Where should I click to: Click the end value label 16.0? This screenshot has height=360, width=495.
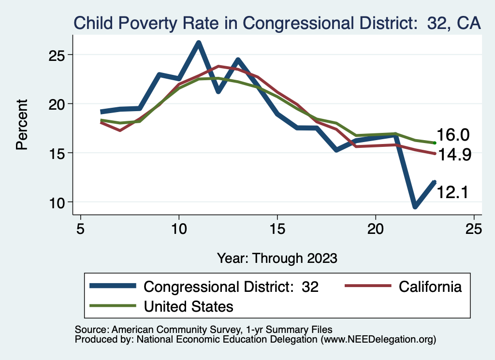453,135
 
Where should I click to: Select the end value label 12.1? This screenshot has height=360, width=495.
453,192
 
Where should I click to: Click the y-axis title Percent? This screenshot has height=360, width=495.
22,125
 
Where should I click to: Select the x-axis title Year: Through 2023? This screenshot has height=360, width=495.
277,258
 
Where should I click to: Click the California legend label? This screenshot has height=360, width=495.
430,287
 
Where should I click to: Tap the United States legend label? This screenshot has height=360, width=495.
189,306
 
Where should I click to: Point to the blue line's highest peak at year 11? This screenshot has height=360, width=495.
198,43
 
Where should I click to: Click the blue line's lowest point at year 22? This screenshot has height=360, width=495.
415,207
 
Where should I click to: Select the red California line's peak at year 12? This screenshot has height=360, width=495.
218,66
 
